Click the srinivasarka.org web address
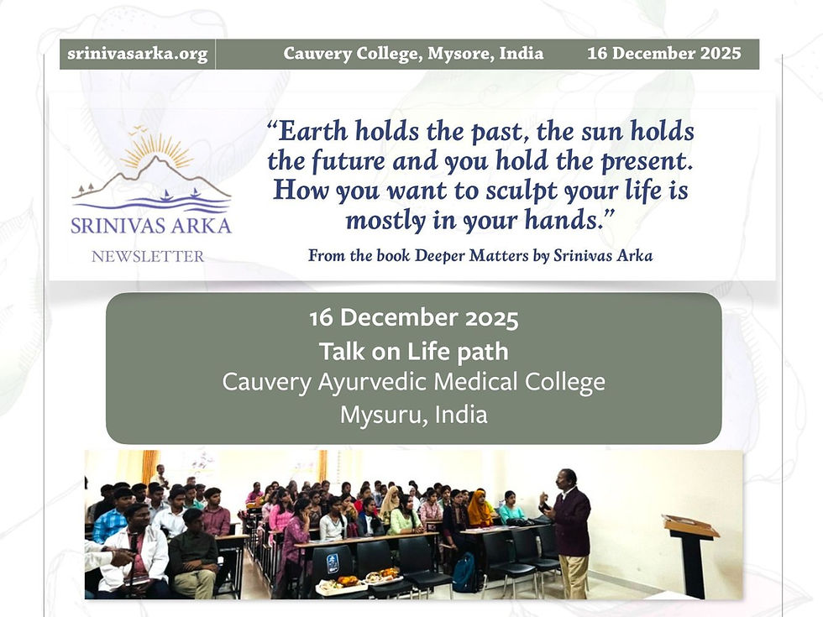coord(136,54)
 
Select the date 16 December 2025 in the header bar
coord(663,54)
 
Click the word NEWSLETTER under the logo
coord(148,256)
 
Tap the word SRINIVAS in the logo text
coord(113,226)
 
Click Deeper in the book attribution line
coord(448,255)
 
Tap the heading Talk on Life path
coord(413,351)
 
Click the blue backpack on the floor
coord(464,573)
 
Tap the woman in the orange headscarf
coord(480,509)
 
